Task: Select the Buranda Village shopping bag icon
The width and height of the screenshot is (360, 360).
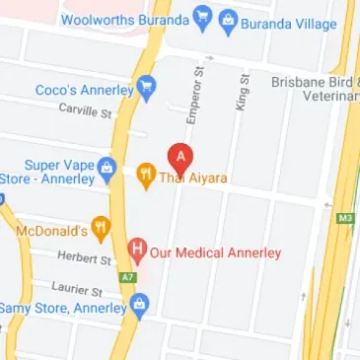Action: (228, 19)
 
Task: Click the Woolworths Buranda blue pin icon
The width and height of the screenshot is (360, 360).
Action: (202, 17)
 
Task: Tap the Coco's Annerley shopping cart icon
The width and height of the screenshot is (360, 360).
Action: (147, 89)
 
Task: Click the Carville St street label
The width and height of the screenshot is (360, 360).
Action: (85, 112)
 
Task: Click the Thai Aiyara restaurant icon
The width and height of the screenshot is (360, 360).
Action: (145, 178)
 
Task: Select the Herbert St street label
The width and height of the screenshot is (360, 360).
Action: (86, 258)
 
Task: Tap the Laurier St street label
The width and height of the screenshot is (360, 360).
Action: (77, 290)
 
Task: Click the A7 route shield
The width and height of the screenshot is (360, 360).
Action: (125, 277)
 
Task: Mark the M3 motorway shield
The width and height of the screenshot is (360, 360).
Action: (344, 218)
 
